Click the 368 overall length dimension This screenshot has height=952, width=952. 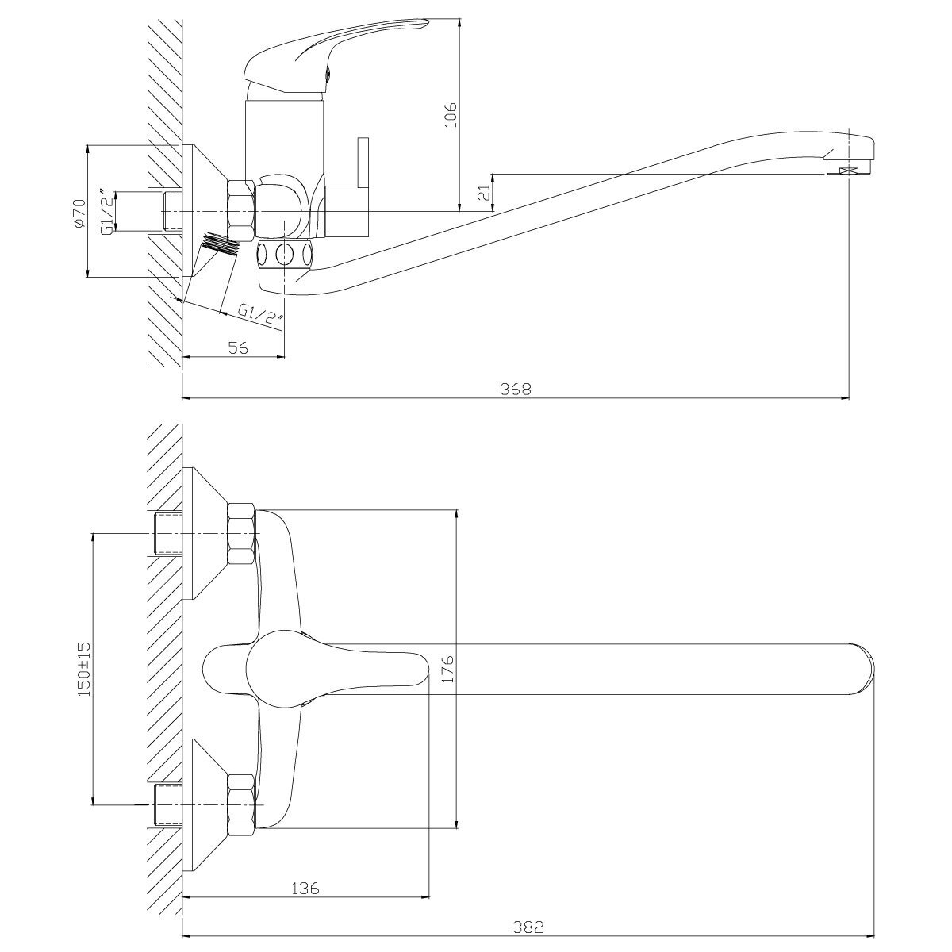(x=515, y=389)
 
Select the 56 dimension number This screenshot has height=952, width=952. (x=237, y=347)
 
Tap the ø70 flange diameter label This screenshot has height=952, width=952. (x=78, y=213)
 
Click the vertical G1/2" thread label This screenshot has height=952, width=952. (x=105, y=213)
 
